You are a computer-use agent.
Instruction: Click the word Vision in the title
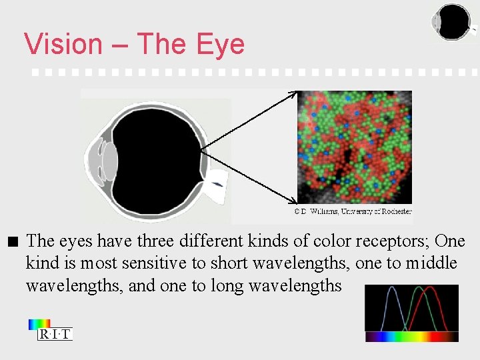click(x=63, y=44)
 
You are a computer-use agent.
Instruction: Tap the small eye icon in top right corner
click(x=453, y=22)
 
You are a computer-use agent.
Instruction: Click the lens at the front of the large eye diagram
click(x=108, y=161)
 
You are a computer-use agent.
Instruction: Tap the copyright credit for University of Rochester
click(x=353, y=212)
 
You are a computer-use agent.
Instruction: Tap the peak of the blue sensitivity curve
click(x=392, y=289)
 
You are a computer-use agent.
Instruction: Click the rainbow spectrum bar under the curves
click(x=411, y=337)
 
